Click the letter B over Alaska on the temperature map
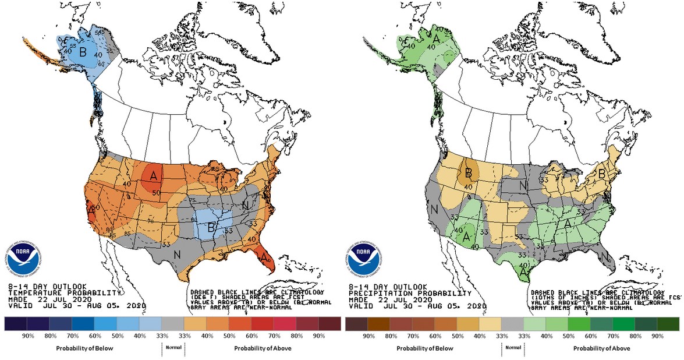coord(83,51)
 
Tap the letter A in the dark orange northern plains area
coord(154,175)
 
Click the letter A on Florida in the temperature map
coord(264,257)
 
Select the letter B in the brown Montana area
coord(467,172)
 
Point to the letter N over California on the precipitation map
coord(433,210)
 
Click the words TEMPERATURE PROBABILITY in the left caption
coord(64,293)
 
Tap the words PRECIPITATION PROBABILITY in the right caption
coord(407,293)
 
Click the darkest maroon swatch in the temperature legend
coord(329,323)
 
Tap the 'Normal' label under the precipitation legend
coord(513,347)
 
